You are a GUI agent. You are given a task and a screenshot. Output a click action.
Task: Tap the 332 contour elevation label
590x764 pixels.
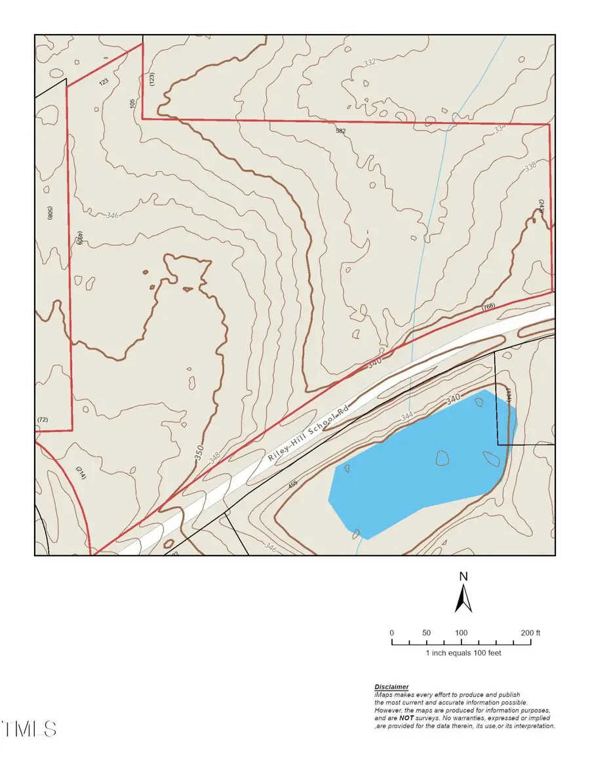click(370, 62)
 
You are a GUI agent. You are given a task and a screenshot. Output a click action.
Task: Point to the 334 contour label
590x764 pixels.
click(501, 129)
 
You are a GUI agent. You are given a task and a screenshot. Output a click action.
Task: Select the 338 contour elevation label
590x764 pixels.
click(530, 167)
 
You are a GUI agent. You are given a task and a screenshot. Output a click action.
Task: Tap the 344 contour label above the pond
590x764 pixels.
click(406, 416)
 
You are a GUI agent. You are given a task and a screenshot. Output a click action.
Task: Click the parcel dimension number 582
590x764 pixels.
click(340, 131)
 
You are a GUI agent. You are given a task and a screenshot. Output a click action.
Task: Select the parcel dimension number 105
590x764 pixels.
click(133, 104)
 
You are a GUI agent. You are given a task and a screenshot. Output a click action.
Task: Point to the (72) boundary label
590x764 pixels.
click(43, 419)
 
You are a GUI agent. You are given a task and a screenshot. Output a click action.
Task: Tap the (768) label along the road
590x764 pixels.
click(488, 307)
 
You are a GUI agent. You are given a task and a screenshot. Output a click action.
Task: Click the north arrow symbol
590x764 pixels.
click(464, 597)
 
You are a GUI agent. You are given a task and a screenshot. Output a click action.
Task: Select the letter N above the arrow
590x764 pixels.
click(463, 576)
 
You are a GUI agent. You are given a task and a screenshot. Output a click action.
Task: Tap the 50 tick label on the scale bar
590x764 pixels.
click(426, 633)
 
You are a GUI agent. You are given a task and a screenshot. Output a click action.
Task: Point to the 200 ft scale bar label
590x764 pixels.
click(530, 633)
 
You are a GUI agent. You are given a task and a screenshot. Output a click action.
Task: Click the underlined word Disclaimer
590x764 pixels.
click(391, 687)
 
